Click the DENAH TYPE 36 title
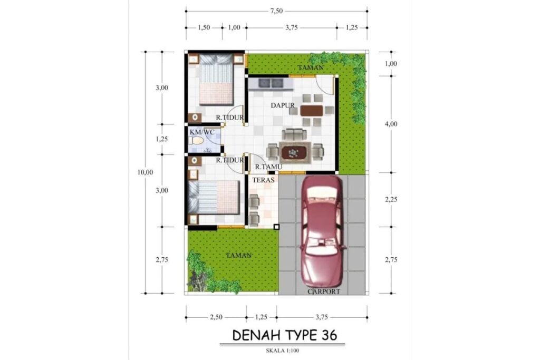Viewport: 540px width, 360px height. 284,335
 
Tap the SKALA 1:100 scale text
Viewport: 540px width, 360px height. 284,349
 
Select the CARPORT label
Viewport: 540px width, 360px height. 324,291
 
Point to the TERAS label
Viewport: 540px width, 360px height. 262,180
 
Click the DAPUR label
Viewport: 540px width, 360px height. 283,105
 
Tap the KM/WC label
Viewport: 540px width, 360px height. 202,132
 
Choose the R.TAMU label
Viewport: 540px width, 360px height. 267,167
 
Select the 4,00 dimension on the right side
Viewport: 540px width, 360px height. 391,124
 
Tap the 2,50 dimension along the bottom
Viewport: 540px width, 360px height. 216,317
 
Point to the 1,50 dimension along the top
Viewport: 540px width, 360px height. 204,27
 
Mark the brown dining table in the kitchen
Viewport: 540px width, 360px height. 312,110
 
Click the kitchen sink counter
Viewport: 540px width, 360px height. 269,83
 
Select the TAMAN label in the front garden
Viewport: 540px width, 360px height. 239,255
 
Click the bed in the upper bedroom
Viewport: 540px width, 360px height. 216,79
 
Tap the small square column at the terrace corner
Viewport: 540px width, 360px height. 276,227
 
